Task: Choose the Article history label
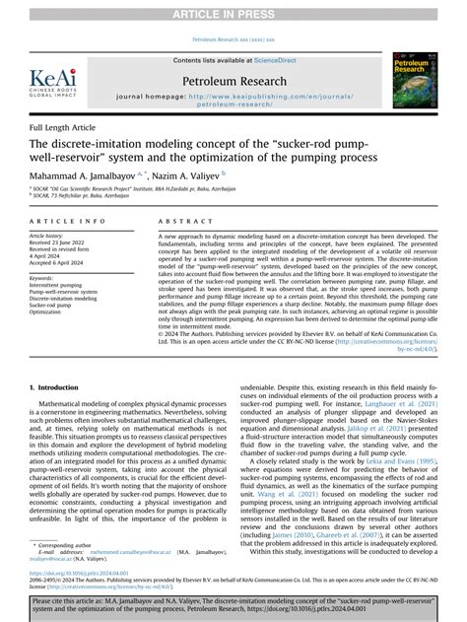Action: (x=51, y=237)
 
